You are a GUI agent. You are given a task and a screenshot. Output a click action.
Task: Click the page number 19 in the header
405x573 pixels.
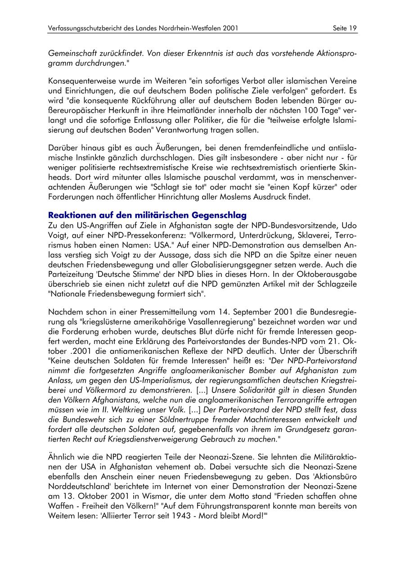point(352,28)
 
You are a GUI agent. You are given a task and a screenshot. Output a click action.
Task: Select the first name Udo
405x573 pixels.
point(350,225)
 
